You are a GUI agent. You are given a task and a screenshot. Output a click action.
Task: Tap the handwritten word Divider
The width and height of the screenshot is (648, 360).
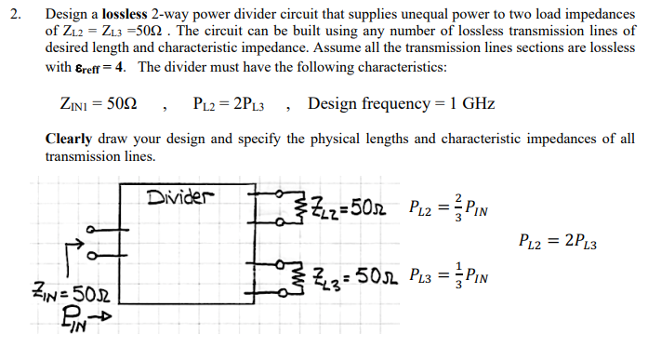tap(180, 197)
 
